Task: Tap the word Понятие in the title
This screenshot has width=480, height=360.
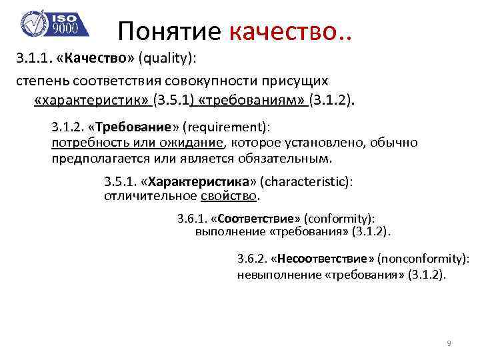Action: pyautogui.click(x=171, y=30)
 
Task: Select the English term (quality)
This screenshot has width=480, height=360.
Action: pyautogui.click(x=167, y=58)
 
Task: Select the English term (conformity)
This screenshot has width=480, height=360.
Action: pyautogui.click(x=339, y=218)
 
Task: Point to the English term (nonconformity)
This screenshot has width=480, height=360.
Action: pyautogui.click(x=423, y=258)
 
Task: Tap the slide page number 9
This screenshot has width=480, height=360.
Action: pyautogui.click(x=449, y=343)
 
